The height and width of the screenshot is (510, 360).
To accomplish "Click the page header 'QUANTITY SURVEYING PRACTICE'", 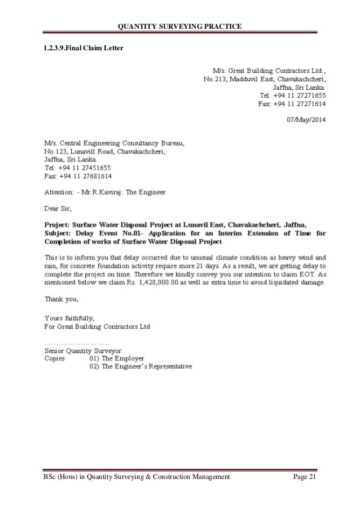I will [x=179, y=27].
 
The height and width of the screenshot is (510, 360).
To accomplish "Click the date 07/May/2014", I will [x=306, y=120].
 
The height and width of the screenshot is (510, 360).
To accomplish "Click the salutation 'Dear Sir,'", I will [x=59, y=208].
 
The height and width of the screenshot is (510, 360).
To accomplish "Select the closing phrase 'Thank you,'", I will [x=62, y=299].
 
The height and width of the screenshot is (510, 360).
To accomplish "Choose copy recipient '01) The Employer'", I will [x=117, y=359].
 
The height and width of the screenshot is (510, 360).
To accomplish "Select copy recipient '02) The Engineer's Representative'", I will [x=141, y=367].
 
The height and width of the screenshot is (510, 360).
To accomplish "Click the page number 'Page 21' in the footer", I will [x=306, y=477].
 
